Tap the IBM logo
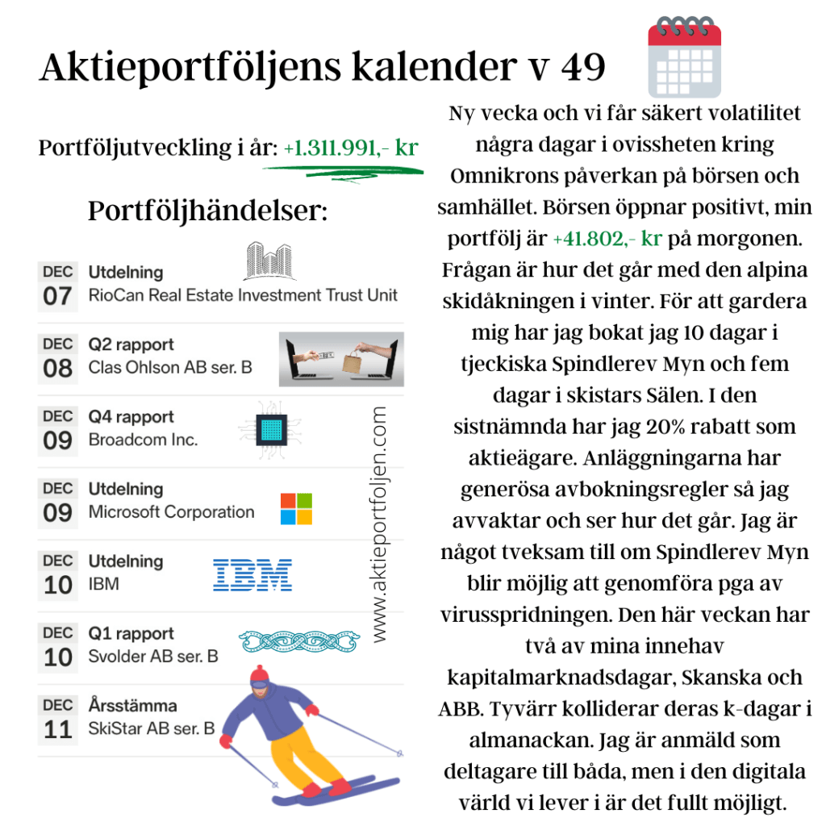(x=252, y=575)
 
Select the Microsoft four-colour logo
(x=296, y=509)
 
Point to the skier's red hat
(x=259, y=675)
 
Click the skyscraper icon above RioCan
(x=269, y=261)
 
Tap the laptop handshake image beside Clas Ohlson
(x=341, y=358)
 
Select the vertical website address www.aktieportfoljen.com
(x=379, y=524)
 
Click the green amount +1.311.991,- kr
(x=351, y=148)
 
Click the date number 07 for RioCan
(x=57, y=296)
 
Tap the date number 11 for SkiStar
(x=57, y=730)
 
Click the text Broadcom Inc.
(x=143, y=440)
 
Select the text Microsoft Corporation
(x=171, y=512)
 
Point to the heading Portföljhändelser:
(x=208, y=211)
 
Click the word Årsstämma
(x=132, y=706)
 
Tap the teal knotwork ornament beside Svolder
(x=299, y=641)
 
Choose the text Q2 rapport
(x=131, y=344)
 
